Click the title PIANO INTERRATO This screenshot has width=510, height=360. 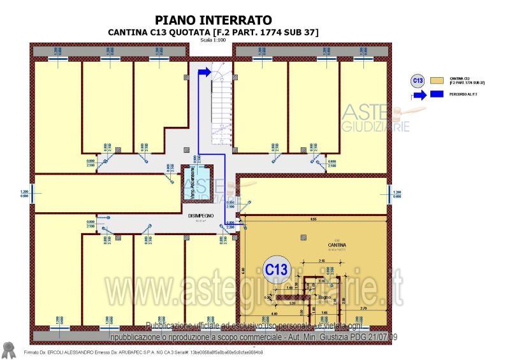point(213,20)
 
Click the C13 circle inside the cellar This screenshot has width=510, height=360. point(276,269)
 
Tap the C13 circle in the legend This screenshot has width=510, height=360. point(418,80)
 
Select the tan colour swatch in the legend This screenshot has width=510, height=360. point(437,81)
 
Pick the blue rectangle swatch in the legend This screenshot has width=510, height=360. point(437,95)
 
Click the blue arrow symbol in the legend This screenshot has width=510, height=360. point(418,95)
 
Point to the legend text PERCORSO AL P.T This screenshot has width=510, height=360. point(465,95)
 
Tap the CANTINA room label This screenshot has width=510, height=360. point(337,245)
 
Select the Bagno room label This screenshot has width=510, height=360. point(324,296)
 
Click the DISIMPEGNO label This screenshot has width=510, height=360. point(200,216)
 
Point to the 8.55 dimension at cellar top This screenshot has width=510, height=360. point(313,219)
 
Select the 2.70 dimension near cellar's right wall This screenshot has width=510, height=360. point(363,308)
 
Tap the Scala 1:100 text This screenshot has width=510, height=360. point(213,40)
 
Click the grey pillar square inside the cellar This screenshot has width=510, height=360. point(301,237)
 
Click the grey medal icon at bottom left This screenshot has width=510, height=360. point(9,349)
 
